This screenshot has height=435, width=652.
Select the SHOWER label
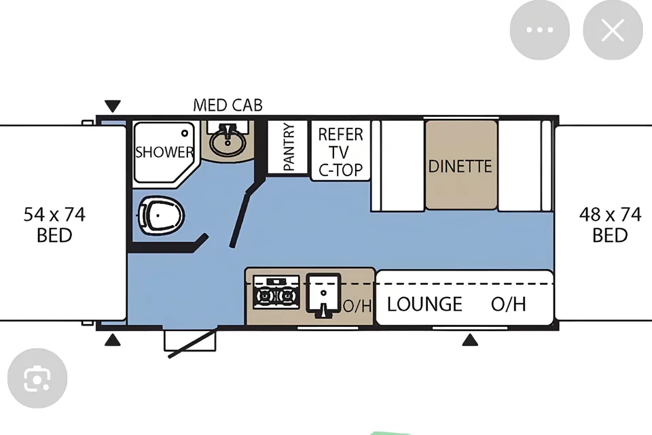pos(164,152)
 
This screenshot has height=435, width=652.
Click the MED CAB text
pos(228,105)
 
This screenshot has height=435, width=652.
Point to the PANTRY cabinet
pos(287,147)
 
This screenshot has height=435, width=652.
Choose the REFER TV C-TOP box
pos(340,151)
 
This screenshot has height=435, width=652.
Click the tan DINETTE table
pos(460,165)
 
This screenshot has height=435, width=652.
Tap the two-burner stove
pos(276,292)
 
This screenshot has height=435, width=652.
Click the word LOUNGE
pos(424,304)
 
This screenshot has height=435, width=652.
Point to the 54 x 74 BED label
pos(54,225)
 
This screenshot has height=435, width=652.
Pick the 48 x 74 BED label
pos(610,225)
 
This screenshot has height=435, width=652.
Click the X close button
pos(613,30)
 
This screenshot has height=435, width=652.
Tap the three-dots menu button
pos(539,30)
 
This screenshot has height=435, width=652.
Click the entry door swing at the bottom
pos(192,343)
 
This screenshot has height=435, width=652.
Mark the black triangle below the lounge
pos(470,340)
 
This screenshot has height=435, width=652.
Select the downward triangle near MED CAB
pos(113,106)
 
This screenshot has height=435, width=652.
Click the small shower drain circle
pos(185,133)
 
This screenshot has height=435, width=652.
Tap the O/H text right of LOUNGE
pos(509,304)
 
